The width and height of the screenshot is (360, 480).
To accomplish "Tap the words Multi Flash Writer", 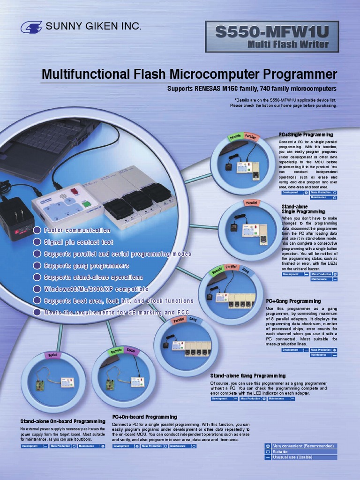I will pos(288,45).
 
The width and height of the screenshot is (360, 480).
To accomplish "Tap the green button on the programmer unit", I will pos(86,204).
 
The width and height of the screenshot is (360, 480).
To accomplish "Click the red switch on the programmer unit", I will pos(74,191).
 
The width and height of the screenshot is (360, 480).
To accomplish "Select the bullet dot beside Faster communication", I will pos(37,230).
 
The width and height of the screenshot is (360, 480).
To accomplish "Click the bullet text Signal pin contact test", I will pos(79,242).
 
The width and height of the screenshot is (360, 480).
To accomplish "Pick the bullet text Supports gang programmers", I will pos(87,266).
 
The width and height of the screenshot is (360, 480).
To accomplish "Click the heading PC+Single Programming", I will pos(306,135).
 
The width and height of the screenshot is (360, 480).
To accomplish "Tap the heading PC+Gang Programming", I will pos(293,301).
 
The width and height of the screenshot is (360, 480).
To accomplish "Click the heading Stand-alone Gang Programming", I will pos(248,376).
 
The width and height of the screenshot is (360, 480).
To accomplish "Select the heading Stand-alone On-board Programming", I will pos(63,421).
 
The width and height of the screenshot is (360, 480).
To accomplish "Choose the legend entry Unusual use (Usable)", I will pos(293,457).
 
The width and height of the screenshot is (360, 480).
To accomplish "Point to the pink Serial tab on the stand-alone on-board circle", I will pos(52,355).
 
